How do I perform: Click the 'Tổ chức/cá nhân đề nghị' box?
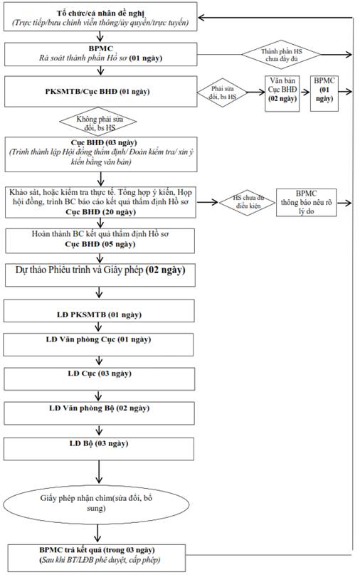[x=100, y=16]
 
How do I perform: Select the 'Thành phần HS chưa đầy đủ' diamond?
[x=281, y=55]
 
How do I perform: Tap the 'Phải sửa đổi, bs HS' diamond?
[x=222, y=92]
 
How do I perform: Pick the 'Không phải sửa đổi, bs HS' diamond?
[x=98, y=122]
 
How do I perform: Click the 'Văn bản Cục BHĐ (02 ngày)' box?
[x=282, y=93]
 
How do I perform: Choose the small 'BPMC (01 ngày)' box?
[x=324, y=93]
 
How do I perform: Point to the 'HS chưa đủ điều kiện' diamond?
[x=248, y=202]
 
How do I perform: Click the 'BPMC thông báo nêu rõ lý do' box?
[x=306, y=202]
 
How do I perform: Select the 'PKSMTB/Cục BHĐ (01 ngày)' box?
[x=100, y=92]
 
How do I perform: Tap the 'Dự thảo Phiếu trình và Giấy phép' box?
[x=100, y=275]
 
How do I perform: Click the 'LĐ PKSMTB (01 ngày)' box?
[x=99, y=311]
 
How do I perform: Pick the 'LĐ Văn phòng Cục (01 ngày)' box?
[x=98, y=344]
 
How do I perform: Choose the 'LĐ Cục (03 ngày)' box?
[x=100, y=379]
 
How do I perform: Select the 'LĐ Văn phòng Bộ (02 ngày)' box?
[x=99, y=413]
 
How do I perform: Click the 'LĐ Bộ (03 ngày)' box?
[x=99, y=448]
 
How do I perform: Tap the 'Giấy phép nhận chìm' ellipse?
[x=97, y=504]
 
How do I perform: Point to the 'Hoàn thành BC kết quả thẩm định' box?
[x=100, y=240]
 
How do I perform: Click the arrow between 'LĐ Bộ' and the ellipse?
[x=99, y=472]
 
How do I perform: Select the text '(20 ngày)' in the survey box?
[x=119, y=212]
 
